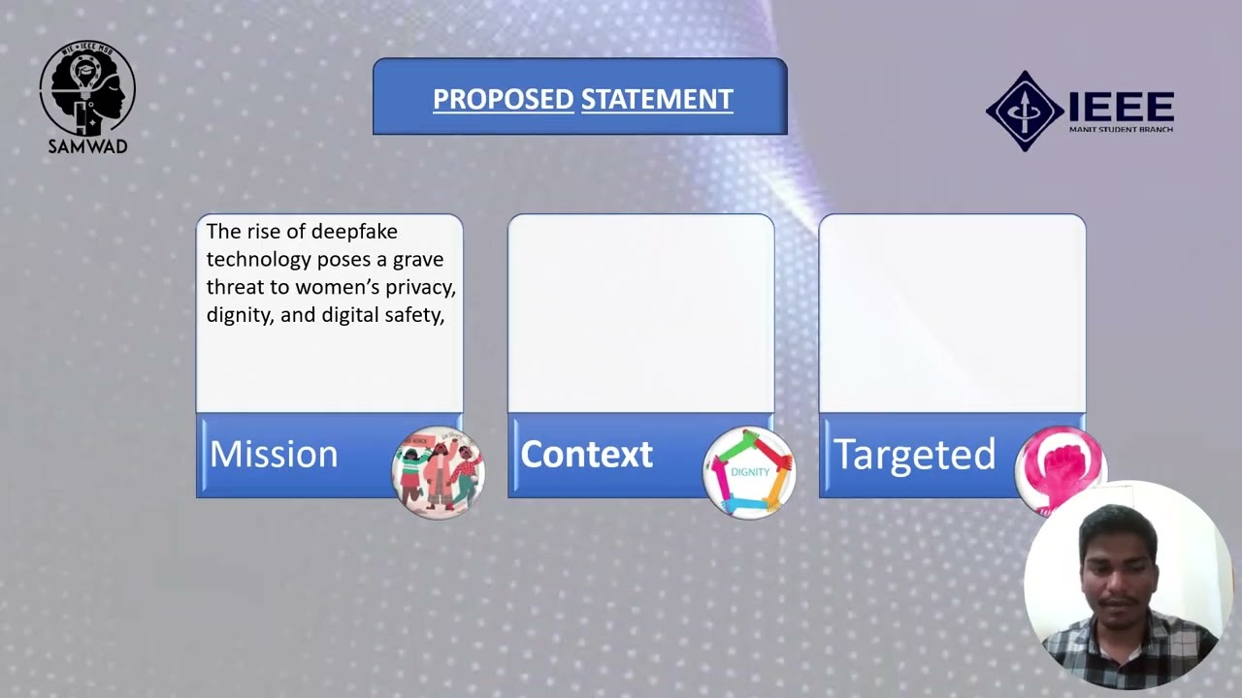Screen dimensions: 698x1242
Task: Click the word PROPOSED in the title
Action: point(503,99)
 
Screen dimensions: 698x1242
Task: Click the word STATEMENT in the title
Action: point(657,99)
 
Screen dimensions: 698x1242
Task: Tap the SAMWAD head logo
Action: point(87,88)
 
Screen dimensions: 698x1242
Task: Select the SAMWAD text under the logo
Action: point(87,146)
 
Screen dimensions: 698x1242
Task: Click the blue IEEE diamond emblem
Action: point(1025,111)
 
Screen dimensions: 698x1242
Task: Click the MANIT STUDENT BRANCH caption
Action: point(1121,129)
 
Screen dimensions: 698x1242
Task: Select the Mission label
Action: point(274,455)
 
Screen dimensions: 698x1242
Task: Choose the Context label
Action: point(586,455)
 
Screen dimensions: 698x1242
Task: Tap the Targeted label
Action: point(914,455)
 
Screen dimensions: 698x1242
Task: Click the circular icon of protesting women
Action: point(438,472)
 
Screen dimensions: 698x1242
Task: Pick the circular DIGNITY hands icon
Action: point(749,472)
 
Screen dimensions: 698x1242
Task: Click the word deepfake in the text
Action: point(354,232)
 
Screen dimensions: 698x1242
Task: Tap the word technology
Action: point(258,260)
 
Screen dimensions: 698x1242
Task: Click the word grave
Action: point(418,260)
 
